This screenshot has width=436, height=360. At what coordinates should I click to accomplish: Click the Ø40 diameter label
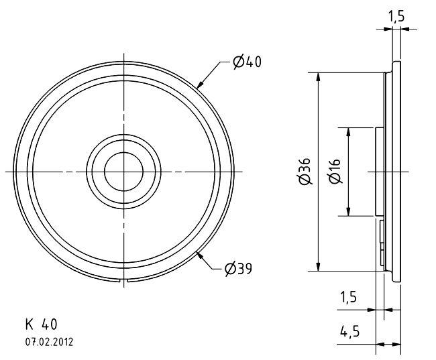pyautogui.click(x=248, y=62)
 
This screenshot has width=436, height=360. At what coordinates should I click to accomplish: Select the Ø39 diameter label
pyautogui.click(x=238, y=269)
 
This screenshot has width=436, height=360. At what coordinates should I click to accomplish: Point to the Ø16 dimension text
pyautogui.click(x=335, y=171)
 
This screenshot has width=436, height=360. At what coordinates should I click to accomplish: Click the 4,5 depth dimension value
pyautogui.click(x=349, y=331)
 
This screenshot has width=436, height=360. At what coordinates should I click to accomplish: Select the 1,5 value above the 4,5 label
pyautogui.click(x=348, y=297)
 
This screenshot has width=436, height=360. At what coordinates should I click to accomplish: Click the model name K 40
pyautogui.click(x=41, y=324)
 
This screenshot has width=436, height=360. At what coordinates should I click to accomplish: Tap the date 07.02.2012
pyautogui.click(x=49, y=342)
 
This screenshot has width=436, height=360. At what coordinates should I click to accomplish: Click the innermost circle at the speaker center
pyautogui.click(x=123, y=152)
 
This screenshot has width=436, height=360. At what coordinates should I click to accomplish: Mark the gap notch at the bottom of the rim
pyautogui.click(x=123, y=281)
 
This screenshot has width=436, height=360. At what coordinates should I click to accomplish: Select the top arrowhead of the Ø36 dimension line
pyautogui.click(x=319, y=77)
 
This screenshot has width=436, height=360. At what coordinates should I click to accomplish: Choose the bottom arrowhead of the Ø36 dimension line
pyautogui.click(x=319, y=266)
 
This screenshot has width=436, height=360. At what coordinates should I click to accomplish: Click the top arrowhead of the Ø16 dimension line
pyautogui.click(x=348, y=132)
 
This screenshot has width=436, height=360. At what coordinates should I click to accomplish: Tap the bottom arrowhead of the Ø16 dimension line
pyautogui.click(x=348, y=211)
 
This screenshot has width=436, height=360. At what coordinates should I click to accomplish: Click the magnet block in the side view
pyautogui.click(x=379, y=172)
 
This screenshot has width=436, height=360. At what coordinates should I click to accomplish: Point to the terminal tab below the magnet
pyautogui.click(x=382, y=242)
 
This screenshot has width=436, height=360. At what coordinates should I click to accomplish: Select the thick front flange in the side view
pyautogui.click(x=396, y=172)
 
